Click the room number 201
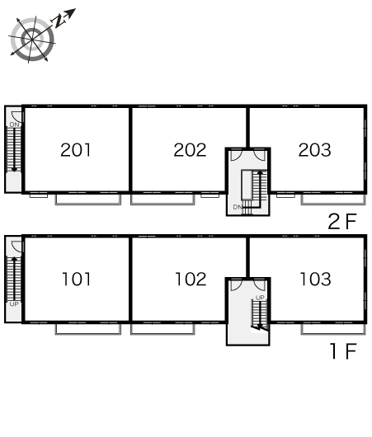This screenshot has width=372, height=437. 76,150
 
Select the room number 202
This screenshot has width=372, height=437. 190,150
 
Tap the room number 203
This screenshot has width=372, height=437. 314,150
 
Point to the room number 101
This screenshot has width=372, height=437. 76,279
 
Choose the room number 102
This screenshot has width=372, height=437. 191,279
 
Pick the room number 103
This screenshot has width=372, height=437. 315,279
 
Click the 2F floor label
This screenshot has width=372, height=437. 342,221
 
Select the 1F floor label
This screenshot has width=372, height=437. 343,351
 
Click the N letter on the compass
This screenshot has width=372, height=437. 59,21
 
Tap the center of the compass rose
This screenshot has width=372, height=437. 32,40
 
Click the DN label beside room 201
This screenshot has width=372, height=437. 14,125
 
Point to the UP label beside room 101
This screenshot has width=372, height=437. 14,304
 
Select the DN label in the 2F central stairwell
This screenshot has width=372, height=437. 238,207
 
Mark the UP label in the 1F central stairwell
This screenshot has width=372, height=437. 260,298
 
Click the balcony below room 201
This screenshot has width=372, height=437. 88,200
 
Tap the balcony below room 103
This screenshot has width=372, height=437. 333,329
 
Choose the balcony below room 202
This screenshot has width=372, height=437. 162,200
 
